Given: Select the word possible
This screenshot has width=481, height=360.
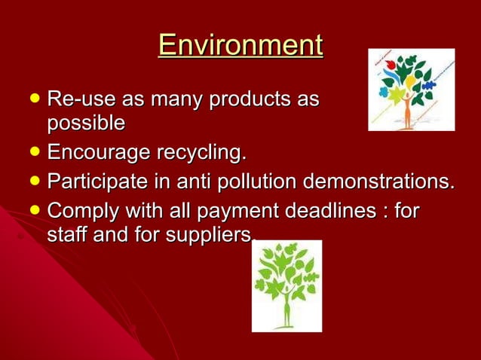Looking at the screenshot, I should tap(85, 122).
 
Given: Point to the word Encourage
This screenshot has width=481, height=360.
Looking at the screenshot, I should tap(97, 153).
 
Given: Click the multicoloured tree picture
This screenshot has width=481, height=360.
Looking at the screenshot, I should tap(411, 90).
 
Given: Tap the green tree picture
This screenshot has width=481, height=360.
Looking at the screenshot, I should tap(286, 286).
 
